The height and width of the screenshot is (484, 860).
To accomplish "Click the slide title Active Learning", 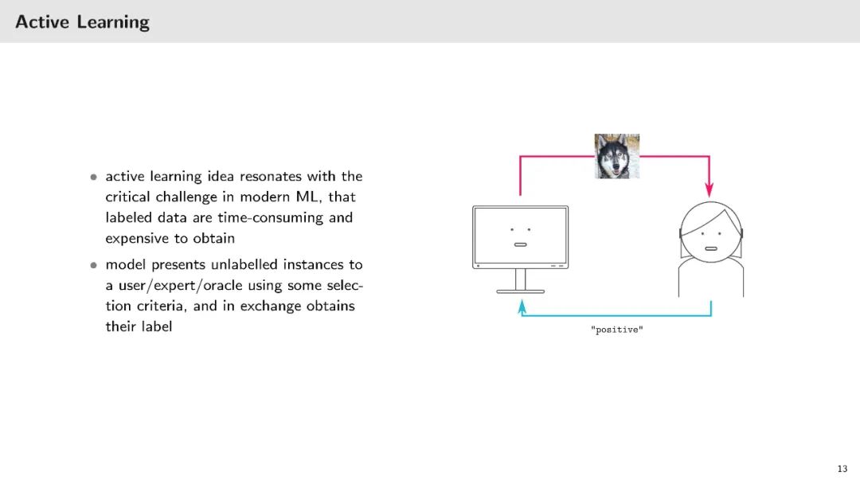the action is pos(82,21).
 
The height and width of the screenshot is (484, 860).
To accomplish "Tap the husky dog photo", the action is pos(617,156).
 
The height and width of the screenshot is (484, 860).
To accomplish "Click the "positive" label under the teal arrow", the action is pos(617,330).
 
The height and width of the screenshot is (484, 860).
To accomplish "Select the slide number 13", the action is pos(842,469).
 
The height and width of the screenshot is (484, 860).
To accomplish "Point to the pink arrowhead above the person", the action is pos(709,190).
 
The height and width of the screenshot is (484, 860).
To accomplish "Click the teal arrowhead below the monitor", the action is pos(522,305).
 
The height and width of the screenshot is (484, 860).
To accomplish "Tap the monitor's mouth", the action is pos(520,244).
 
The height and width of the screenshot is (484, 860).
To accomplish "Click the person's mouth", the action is pos(710,248).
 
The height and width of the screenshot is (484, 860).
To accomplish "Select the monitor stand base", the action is pos(520,291).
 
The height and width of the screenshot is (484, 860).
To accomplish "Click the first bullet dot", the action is pos(93,177).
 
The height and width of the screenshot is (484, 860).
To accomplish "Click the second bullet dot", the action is pos(93,264).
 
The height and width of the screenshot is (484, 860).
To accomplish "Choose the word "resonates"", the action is pos(268,176).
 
